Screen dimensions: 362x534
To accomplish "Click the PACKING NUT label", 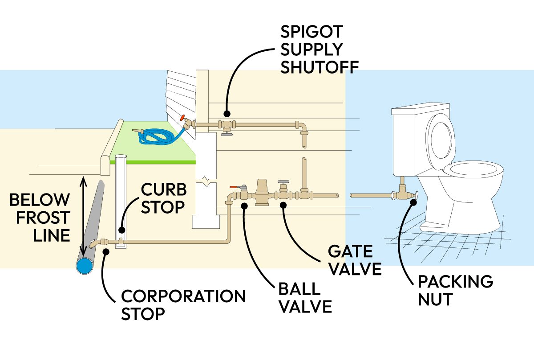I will (455, 290).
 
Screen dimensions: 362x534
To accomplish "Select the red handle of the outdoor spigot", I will (182, 118).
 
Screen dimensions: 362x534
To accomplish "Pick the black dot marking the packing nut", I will (413, 202).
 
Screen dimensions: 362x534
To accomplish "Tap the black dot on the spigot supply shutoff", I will (227, 113).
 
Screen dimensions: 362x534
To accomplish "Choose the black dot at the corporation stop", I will (105, 252).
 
